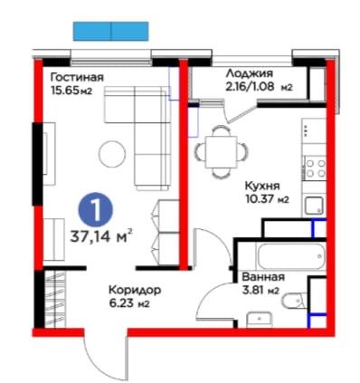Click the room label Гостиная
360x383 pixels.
click(77, 78)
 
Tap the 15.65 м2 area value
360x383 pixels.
click(71, 91)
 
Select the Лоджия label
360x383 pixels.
click(250, 73)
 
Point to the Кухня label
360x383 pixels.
click(262, 187)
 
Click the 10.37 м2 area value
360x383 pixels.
click(267, 199)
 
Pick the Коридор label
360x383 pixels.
click(135, 291)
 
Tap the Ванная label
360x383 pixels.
click(263, 277)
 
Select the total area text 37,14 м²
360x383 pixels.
click(101, 236)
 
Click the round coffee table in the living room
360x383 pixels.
click(112, 154)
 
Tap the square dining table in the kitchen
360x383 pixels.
click(221, 152)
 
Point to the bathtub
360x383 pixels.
click(291, 256)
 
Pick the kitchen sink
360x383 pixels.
click(314, 206)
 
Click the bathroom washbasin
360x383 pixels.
click(260, 320)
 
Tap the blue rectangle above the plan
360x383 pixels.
click(111, 31)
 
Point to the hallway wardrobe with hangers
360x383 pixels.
click(54, 299)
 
